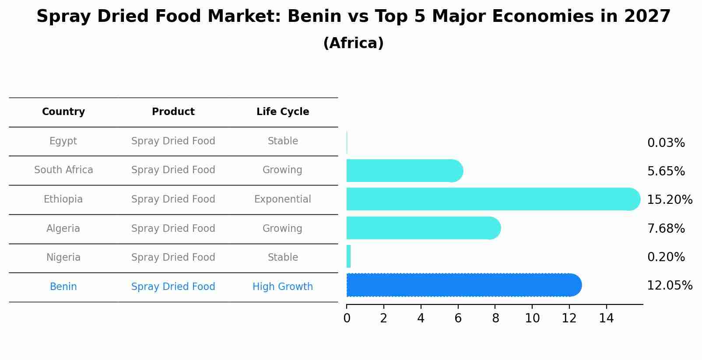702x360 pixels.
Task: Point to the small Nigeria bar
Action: point(349,256)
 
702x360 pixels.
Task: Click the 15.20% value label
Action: point(669,200)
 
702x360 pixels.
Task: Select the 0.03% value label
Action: point(666,143)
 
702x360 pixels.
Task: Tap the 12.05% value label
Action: point(669,286)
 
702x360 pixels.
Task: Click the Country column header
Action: point(63,112)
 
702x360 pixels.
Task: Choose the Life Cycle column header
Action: point(283,112)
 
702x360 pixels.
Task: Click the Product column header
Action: point(173,112)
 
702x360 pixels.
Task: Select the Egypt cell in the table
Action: point(63,141)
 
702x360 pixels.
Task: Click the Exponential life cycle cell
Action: point(283,199)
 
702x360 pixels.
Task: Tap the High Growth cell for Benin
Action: point(283,287)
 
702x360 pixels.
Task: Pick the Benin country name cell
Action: point(63,287)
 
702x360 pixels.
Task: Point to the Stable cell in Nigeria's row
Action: point(283,258)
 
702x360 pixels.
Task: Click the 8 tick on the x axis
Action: point(495,318)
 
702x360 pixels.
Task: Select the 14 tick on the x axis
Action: point(607,318)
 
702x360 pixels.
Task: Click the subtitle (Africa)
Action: point(353,43)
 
